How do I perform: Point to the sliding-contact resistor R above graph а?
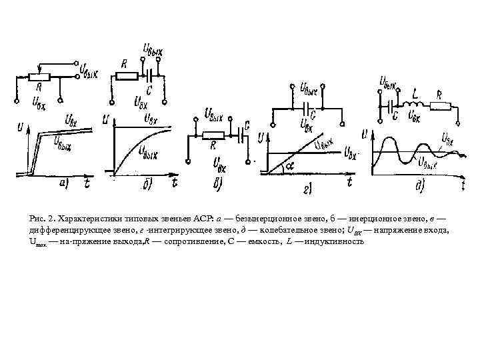point(39,77)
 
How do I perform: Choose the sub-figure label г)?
point(311,190)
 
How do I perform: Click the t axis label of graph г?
point(349,181)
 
